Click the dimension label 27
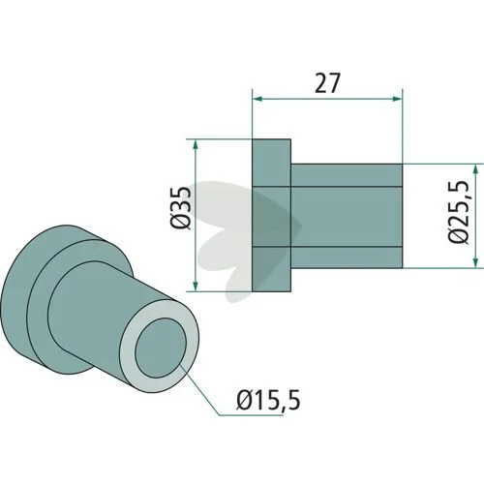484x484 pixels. coord(327,83)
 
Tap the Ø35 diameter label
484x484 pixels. coord(181,208)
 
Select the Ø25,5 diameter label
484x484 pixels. coord(458,212)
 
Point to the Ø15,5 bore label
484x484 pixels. coord(268,400)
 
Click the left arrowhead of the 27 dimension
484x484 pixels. coord(257,99)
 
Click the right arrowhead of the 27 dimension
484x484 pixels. coord(397,99)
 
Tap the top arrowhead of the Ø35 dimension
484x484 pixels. coord(195,145)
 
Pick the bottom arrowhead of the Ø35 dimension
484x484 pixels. coord(195,286)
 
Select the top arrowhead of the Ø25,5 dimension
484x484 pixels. coord(475,169)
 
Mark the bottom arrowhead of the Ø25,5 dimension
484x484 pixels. coord(475,262)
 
